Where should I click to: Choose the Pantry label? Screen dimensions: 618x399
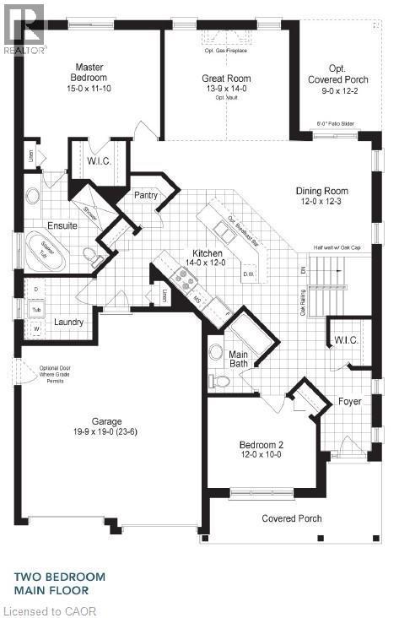point(146,195)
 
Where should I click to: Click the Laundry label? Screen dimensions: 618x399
point(68,322)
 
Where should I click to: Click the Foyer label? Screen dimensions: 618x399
point(350,400)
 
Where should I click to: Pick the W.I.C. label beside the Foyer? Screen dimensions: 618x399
point(346,340)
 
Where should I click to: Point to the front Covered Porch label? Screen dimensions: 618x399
point(291,518)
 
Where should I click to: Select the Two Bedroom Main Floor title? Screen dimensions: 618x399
point(62,583)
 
